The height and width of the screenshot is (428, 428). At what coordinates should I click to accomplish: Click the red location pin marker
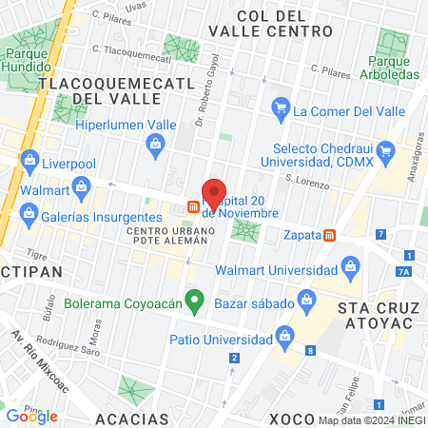pos(215,193)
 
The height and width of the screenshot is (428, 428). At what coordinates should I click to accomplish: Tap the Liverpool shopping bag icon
pos(29,158)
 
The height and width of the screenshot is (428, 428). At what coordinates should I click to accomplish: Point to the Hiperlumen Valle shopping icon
pos(154,143)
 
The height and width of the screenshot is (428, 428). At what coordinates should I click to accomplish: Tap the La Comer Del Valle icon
pos(280,111)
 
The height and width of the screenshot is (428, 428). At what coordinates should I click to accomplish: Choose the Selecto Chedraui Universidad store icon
pos(385,150)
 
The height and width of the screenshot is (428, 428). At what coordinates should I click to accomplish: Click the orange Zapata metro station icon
pos(329,235)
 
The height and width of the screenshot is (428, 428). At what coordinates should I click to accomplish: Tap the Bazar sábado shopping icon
pos(307,301)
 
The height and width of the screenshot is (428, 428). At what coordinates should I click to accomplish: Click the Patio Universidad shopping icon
pos(283,336)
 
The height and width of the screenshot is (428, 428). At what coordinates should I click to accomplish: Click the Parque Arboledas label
pos(388,69)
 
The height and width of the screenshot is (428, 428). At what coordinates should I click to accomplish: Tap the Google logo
pos(31,416)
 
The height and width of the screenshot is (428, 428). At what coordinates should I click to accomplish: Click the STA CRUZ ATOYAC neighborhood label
pos(378,318)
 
